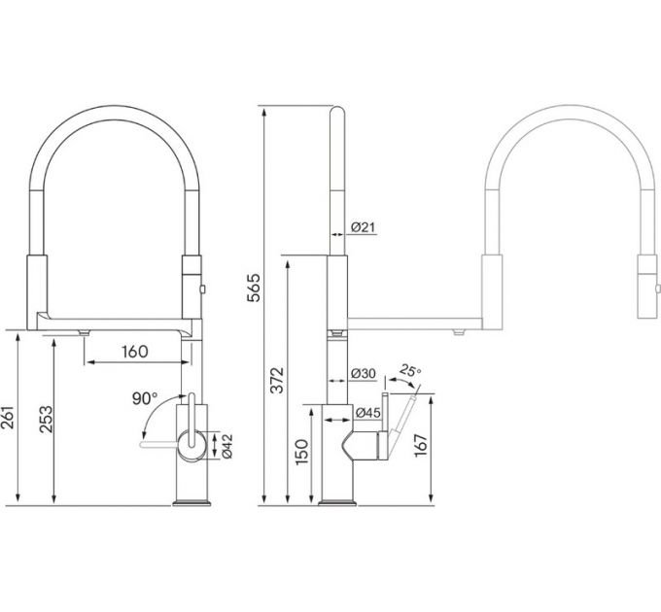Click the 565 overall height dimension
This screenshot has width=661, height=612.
click(254, 288)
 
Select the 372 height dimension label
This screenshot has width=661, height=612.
click(277, 381)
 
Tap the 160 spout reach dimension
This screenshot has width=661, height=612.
click(135, 352)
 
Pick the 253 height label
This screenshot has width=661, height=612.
click(46, 419)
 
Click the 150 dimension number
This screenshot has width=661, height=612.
click(302, 452)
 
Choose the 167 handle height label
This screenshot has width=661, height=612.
click(421, 445)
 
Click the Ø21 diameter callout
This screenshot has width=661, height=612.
click(363, 227)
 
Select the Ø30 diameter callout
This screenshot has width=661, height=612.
click(363, 373)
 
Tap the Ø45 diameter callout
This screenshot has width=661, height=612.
click(368, 413)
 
